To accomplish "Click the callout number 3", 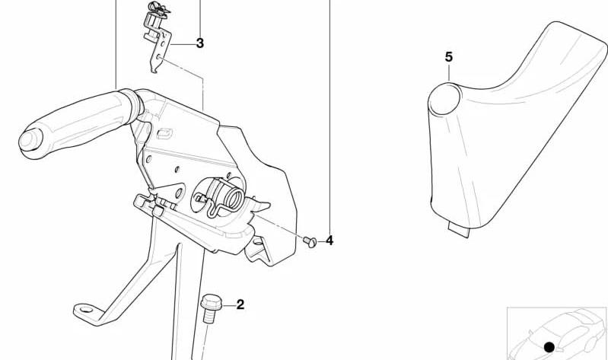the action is (x=199, y=43).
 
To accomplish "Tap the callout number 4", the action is (x=329, y=241).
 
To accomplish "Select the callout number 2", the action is (x=240, y=304).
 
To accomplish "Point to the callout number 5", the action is (x=448, y=57).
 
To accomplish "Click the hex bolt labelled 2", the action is (x=210, y=308).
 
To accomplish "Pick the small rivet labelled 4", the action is (x=310, y=242).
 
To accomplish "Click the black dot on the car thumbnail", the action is (x=549, y=347).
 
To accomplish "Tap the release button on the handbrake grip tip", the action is (x=30, y=139).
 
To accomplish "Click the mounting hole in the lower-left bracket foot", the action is (x=86, y=310).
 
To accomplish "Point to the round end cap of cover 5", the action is (x=444, y=99).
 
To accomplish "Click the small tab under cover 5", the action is (x=459, y=230).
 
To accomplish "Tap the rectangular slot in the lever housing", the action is (x=164, y=133).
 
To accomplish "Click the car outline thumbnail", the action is (x=557, y=334).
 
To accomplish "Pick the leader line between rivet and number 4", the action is (x=321, y=241).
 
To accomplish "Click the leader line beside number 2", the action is (x=229, y=306).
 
